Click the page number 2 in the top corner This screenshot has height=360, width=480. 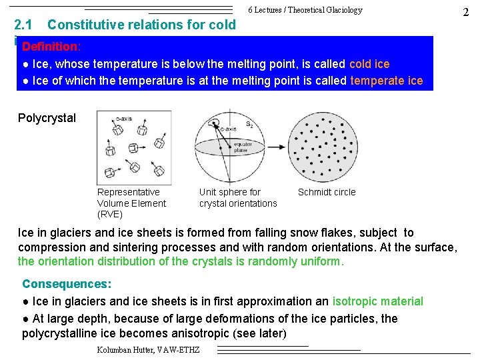(465, 12)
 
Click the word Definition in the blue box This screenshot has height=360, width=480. (50, 48)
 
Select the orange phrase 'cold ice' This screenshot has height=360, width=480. (369, 64)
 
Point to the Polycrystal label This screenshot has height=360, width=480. (47, 118)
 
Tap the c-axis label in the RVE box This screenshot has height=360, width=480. (125, 119)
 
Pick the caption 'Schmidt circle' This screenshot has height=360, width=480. (327, 192)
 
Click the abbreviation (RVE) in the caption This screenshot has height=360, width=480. (110, 214)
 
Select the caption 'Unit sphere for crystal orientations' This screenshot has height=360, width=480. (237, 197)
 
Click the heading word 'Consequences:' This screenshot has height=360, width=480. (67, 284)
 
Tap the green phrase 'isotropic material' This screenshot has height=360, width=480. (377, 302)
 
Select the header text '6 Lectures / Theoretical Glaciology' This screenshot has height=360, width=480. (305, 10)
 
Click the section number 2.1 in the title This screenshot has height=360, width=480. (24, 25)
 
